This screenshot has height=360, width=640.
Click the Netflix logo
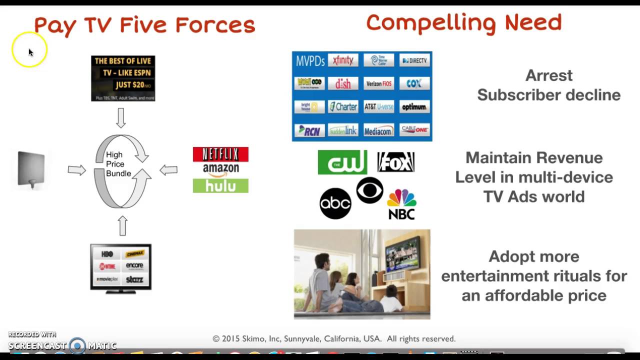[220, 154]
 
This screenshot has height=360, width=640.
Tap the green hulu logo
[220, 185]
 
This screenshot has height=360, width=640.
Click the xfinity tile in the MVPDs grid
[343, 60]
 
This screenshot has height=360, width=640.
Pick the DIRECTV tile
[414, 60]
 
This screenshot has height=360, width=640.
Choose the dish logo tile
[343, 83]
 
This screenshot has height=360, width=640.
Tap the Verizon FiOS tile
[378, 83]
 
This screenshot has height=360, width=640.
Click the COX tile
[414, 83]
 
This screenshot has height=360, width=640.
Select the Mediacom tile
[378, 130]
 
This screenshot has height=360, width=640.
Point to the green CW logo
[342, 162]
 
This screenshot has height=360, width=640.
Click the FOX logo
[395, 162]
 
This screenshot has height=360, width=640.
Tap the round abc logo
[335, 203]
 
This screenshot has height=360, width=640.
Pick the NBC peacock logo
[401, 204]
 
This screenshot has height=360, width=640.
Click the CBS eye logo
[369, 190]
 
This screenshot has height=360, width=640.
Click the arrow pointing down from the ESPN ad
[120, 118]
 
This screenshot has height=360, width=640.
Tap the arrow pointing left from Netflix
[168, 170]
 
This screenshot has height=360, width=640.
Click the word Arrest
[548, 75]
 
